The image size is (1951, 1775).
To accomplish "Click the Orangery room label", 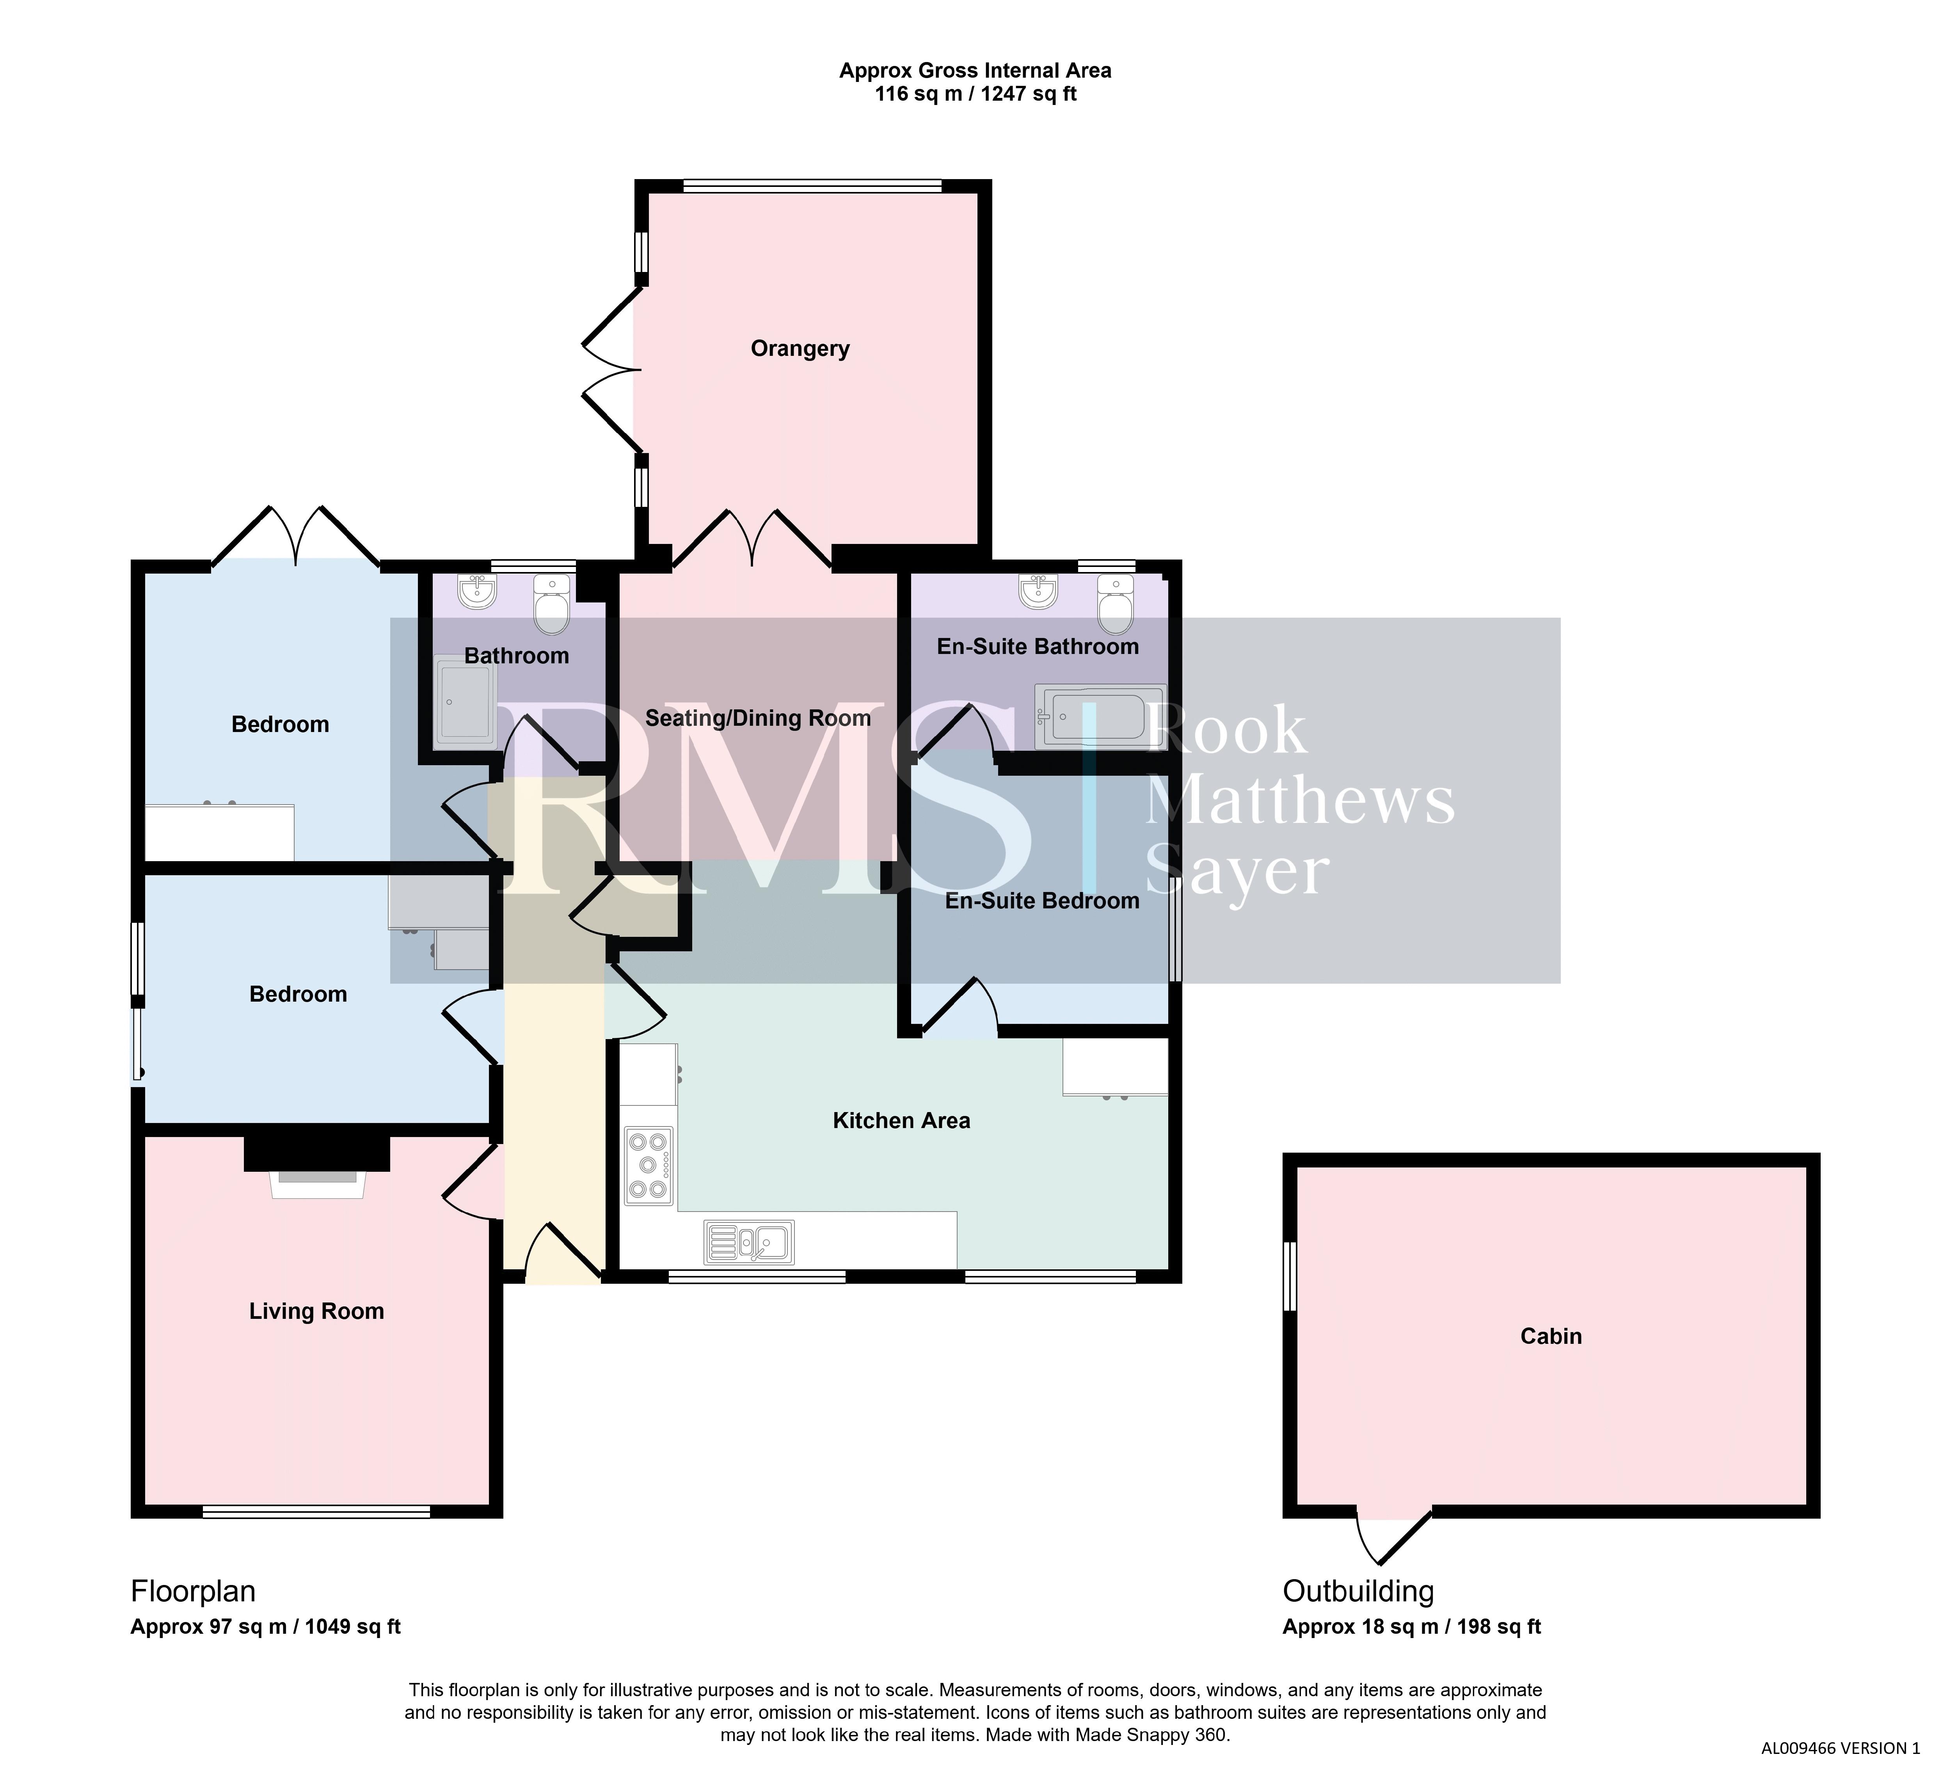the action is pos(800,349).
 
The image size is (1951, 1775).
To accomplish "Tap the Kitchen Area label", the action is pos(901,1121).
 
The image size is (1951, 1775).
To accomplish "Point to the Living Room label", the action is pos(316,1311).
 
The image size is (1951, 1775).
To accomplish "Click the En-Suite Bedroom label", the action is pos(1042,901).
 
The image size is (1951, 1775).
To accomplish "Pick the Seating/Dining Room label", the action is pos(758,718).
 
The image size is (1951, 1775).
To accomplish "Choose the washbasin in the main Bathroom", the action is pos(477,592).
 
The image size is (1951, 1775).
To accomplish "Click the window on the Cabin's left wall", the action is pos(1290,1278).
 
